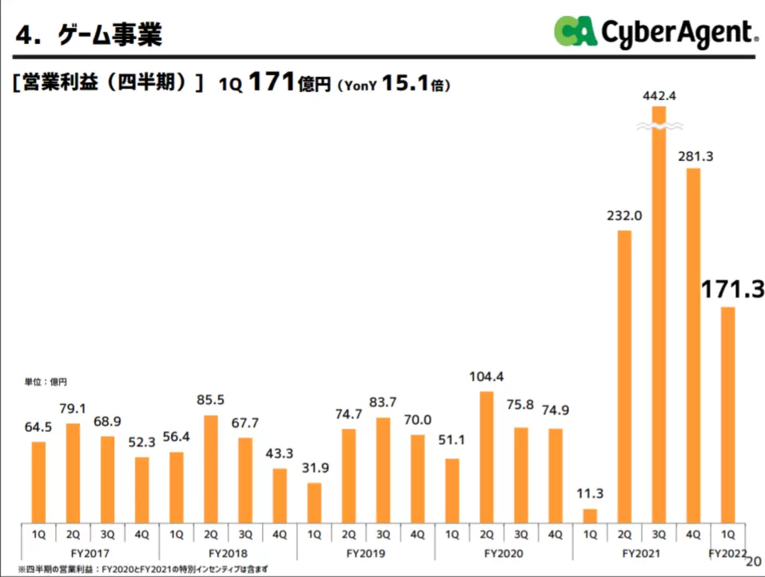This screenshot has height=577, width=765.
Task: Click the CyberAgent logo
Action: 655,32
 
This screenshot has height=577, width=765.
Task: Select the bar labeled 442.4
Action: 659,320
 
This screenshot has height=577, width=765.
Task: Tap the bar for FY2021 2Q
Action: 625,376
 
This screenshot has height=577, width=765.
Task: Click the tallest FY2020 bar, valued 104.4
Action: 487,456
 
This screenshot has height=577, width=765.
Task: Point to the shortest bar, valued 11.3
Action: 591,515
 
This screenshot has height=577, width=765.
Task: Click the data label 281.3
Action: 694,156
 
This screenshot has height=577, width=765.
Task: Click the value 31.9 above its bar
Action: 314,469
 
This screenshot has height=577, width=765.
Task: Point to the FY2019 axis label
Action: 366,553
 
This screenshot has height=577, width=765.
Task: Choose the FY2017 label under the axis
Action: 90,553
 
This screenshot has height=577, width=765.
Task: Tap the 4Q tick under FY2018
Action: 280,534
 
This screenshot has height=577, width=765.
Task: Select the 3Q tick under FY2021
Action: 659,534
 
